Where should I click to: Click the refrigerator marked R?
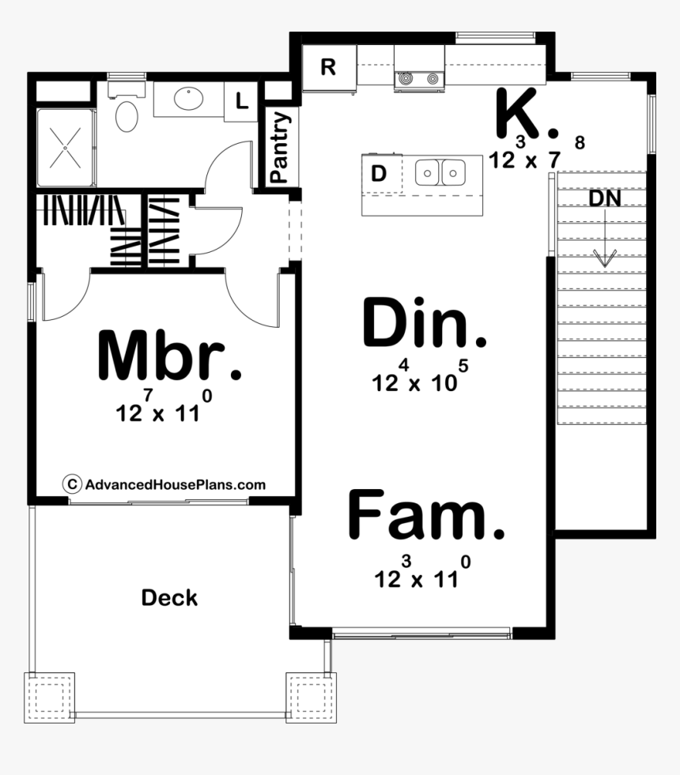[x=327, y=68]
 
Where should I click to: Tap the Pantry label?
[x=279, y=148]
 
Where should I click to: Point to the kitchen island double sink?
[x=440, y=172]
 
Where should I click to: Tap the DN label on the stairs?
[x=604, y=200]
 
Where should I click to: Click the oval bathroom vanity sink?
[x=188, y=100]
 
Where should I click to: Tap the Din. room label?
[x=424, y=324]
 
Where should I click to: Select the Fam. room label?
[x=425, y=515]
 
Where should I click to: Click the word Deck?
[x=169, y=598]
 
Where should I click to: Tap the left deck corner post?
[x=49, y=698]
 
